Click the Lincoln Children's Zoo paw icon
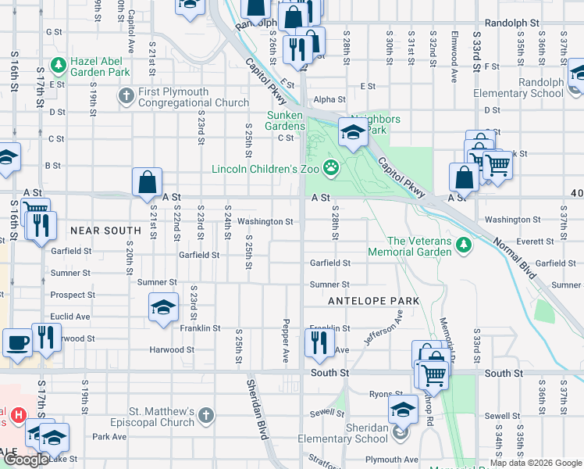pos(332,166)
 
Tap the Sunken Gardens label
pos(285,120)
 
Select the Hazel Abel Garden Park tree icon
pos(58,64)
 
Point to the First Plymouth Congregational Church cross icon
pos(126,95)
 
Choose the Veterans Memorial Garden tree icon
pos(464,245)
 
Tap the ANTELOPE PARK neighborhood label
pos(374,301)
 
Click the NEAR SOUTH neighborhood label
pos(105,231)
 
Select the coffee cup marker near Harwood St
pos(16,342)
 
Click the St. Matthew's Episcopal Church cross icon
pos(205,414)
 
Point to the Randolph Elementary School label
pos(518,88)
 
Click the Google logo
pos(26,460)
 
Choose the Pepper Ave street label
pos(287,340)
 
